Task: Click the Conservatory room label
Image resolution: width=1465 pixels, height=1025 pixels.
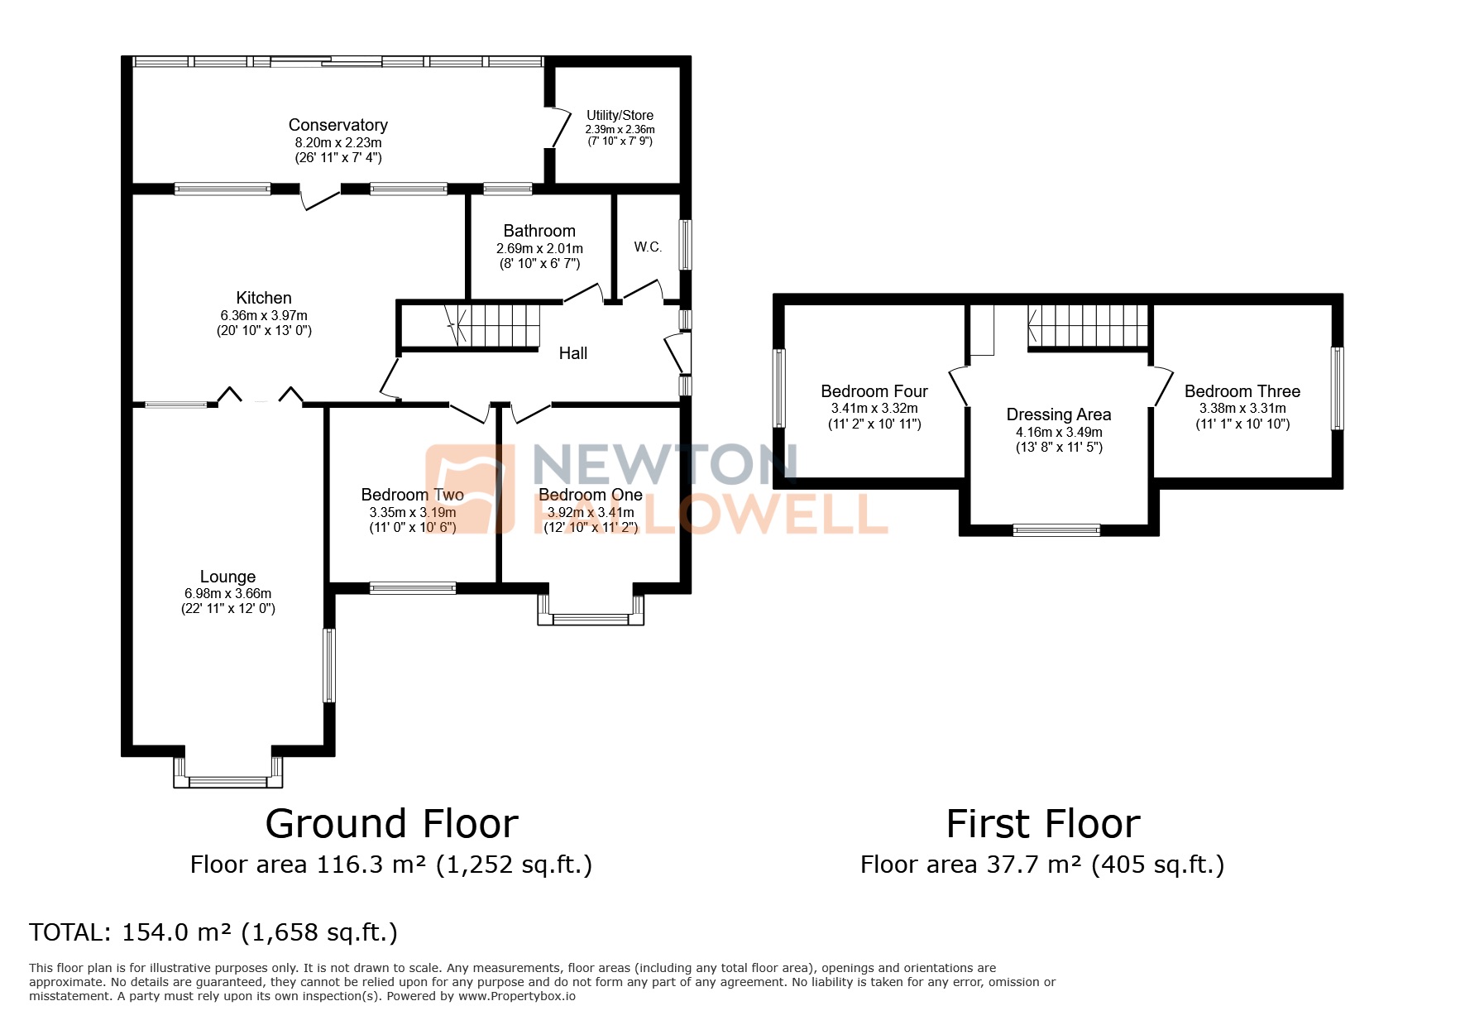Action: (338, 125)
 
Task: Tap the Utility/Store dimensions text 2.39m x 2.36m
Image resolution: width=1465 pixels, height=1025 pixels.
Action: (620, 129)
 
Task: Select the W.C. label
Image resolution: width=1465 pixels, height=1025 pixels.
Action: (648, 247)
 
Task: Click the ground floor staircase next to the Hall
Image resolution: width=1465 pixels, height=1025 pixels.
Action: (493, 323)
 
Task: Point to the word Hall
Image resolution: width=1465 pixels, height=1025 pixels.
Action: (572, 353)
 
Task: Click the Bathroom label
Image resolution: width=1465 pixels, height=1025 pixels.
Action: (539, 231)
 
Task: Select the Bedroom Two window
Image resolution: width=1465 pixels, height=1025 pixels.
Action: (412, 588)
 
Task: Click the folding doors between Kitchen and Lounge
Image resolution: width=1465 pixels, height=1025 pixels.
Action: (260, 396)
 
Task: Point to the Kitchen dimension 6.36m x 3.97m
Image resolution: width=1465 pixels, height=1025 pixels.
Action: (264, 315)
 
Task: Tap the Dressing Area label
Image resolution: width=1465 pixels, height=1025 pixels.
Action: (1058, 414)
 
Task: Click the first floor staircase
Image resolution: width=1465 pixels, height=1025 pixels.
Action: (1088, 324)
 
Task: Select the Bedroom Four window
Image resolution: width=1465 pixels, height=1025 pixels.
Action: (778, 388)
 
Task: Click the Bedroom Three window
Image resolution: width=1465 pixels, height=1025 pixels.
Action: (1336, 388)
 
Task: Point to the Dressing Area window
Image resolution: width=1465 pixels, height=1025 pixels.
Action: (1056, 530)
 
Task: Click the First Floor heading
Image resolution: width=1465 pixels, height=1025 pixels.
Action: (1042, 824)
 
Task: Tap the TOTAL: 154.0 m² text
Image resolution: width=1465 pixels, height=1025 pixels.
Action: (213, 932)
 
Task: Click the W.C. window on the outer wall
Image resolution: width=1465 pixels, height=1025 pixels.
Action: (685, 244)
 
